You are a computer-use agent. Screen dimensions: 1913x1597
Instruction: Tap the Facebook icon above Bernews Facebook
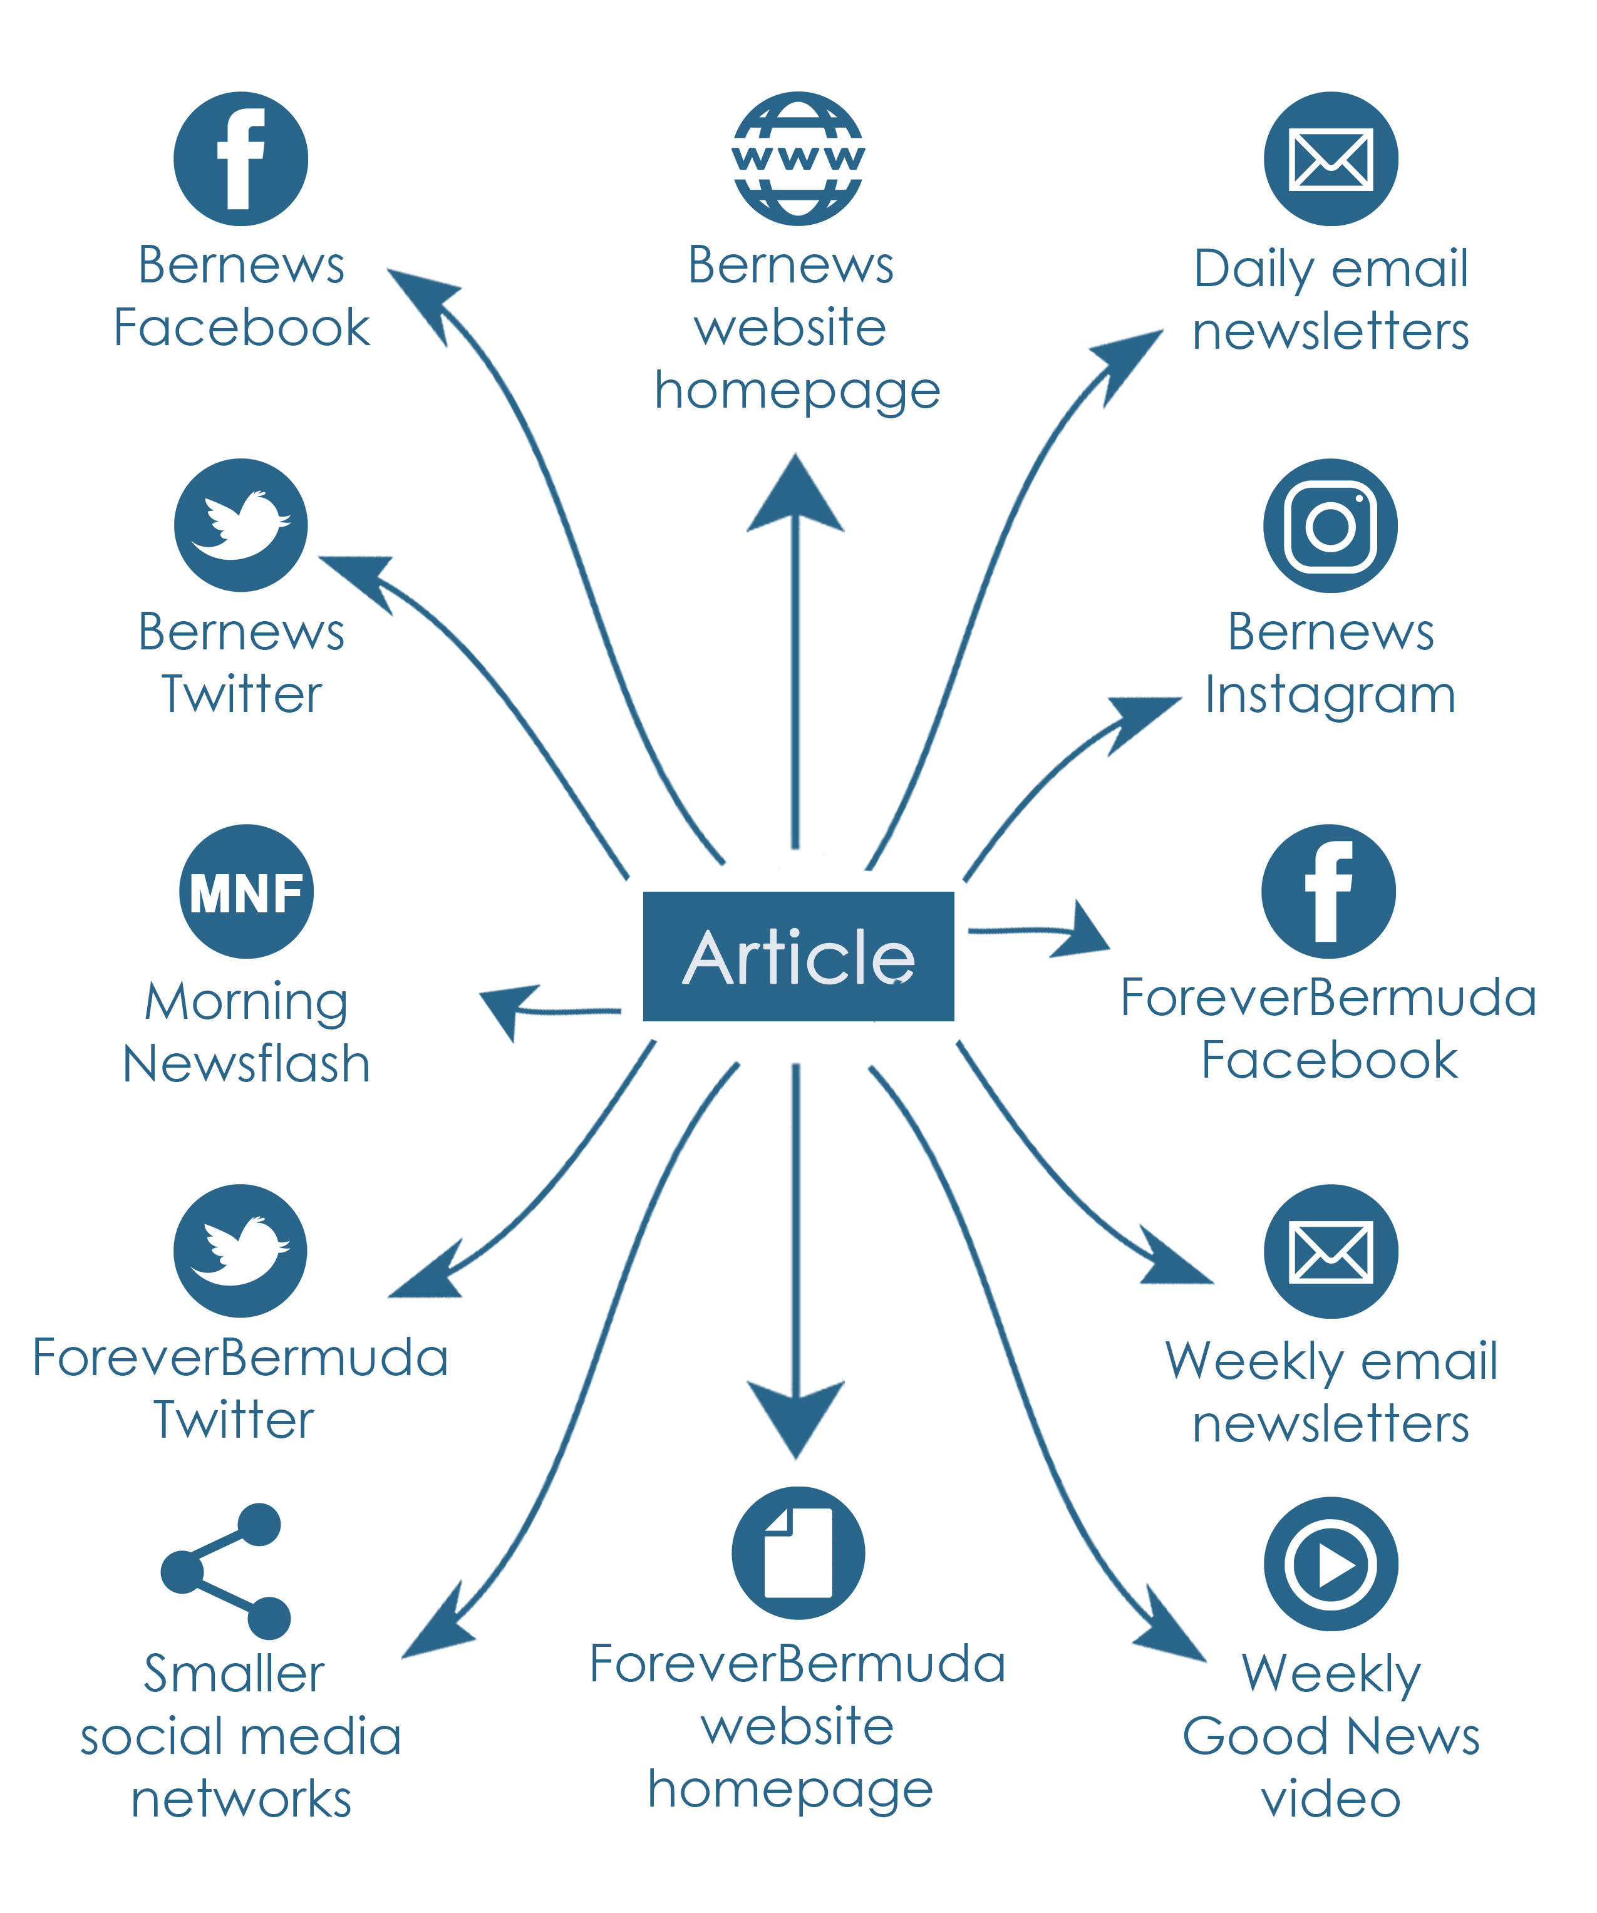240,158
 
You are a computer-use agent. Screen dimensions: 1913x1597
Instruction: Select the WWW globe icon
798,158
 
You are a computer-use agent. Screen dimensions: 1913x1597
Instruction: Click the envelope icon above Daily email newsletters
1330,158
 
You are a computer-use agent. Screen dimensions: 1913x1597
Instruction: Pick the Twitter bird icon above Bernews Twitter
240,525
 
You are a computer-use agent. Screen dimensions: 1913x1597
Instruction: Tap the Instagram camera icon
1330,525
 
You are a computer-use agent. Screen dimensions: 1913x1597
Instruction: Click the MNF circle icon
246,891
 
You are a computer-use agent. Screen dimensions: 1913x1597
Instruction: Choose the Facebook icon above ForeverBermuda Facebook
1328,891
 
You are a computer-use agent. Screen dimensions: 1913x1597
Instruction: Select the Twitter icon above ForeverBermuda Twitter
240,1250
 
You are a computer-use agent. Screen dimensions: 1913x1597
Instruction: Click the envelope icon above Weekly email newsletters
1330,1250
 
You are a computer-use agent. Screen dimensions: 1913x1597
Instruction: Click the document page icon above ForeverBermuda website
798,1552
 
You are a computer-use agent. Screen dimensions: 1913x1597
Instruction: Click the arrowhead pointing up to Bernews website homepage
795,497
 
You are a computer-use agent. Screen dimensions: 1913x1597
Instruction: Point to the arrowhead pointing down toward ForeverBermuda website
795,1416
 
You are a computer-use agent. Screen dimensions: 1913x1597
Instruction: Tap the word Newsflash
246,1064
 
